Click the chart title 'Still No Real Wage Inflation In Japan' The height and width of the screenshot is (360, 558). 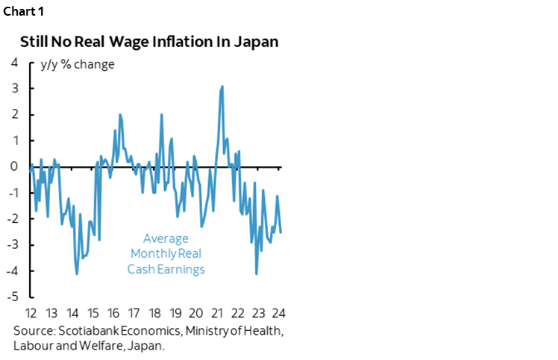(149, 41)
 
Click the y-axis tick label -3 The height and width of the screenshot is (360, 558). (13, 244)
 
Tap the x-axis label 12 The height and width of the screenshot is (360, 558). (31, 312)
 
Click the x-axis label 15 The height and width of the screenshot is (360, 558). (93, 312)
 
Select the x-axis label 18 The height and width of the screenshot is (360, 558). (155, 312)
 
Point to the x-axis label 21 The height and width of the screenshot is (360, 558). (217, 312)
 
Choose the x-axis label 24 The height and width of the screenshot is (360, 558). (279, 312)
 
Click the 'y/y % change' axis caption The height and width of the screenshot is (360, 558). (78, 64)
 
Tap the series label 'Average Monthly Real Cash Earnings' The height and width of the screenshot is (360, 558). (166, 254)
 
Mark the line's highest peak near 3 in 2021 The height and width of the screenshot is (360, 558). (222, 86)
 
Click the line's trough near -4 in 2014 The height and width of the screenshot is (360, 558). (77, 274)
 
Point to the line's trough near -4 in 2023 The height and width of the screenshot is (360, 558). (257, 274)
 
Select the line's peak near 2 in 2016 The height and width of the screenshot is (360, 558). (120, 115)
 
